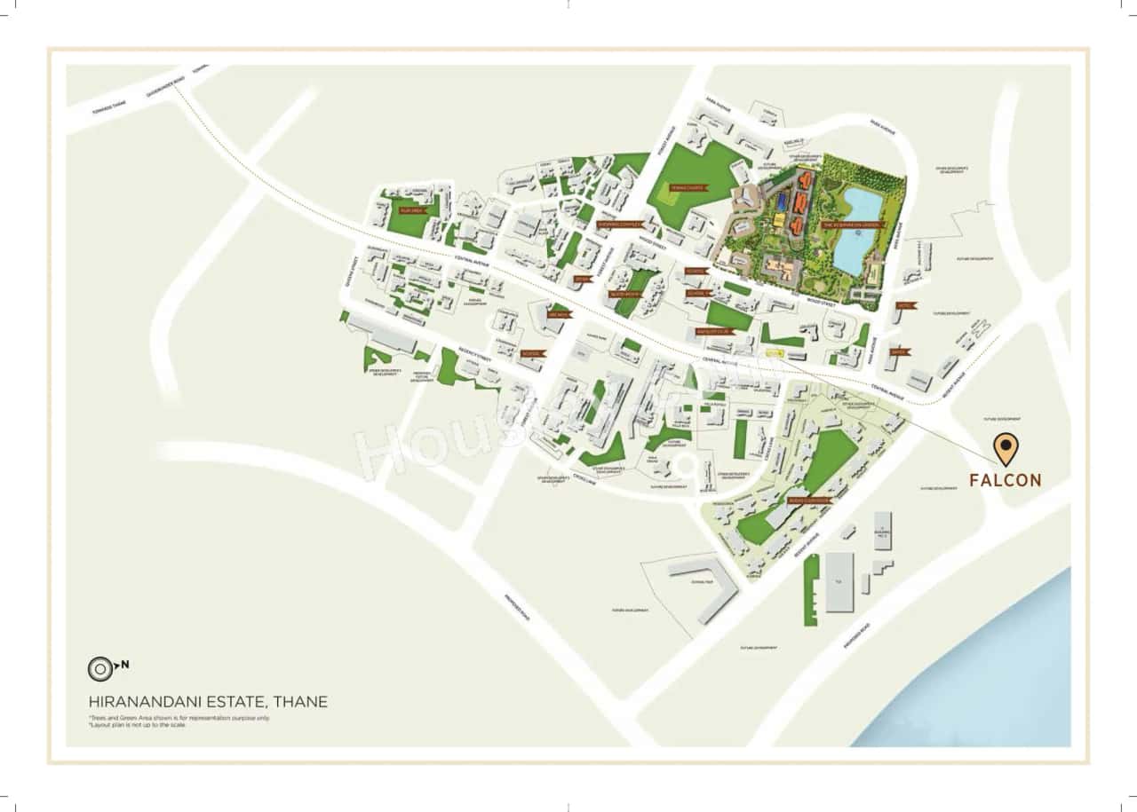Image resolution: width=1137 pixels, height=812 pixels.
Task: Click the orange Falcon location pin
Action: [1005, 449]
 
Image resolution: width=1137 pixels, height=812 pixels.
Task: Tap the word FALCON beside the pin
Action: [1005, 480]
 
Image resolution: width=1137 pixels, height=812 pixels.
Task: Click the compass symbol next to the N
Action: [99, 667]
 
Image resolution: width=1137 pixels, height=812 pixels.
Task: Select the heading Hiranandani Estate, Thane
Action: [208, 702]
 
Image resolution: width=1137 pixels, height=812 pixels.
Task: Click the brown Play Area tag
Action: [411, 211]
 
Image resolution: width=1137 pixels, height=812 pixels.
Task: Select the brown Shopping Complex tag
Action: [618, 225]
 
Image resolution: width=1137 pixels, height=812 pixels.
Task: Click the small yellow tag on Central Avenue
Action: [774, 352]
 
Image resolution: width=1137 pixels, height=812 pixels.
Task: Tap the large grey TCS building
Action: [839, 581]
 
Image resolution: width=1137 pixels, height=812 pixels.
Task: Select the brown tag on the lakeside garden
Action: [851, 225]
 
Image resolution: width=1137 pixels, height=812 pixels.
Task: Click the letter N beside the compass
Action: [124, 664]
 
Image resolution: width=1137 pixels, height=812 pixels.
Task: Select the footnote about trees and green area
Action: [179, 717]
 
